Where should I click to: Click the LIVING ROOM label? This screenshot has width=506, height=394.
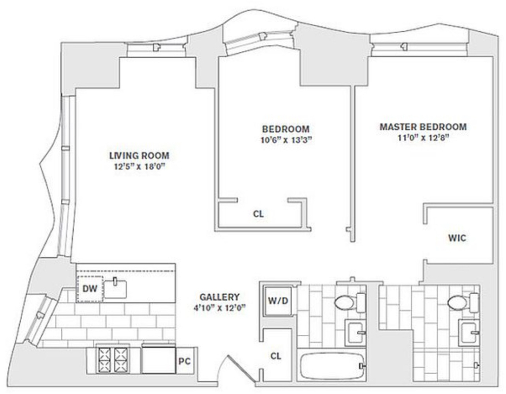pyautogui.click(x=139, y=156)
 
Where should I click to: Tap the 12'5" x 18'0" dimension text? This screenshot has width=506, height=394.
pyautogui.click(x=139, y=167)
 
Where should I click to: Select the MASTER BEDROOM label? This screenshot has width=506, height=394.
pyautogui.click(x=423, y=127)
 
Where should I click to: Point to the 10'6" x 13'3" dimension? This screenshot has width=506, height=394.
pyautogui.click(x=286, y=140)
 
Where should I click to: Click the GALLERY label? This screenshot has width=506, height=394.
pyautogui.click(x=219, y=297)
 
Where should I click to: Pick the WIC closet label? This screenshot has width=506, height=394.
pyautogui.click(x=457, y=238)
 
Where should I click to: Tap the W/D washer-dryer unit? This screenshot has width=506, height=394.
pyautogui.click(x=278, y=301)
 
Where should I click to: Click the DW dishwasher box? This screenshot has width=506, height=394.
pyautogui.click(x=90, y=288)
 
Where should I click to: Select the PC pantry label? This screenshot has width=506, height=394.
pyautogui.click(x=184, y=361)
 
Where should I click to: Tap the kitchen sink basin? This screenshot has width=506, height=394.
pyautogui.click(x=115, y=289)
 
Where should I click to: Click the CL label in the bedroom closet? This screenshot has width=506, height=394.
pyautogui.click(x=258, y=214)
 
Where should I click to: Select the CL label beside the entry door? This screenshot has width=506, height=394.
pyautogui.click(x=276, y=356)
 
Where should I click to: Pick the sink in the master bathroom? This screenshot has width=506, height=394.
pyautogui.click(x=468, y=332)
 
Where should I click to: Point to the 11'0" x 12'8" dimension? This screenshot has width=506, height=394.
pyautogui.click(x=423, y=138)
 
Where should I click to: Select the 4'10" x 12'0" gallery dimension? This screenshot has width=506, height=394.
pyautogui.click(x=219, y=308)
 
